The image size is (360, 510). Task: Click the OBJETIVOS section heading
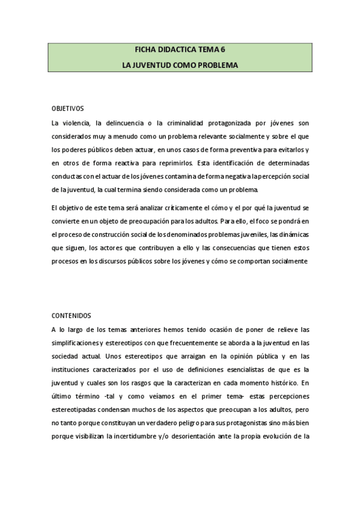[x=68, y=109]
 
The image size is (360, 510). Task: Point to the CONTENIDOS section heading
[x=71, y=315]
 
